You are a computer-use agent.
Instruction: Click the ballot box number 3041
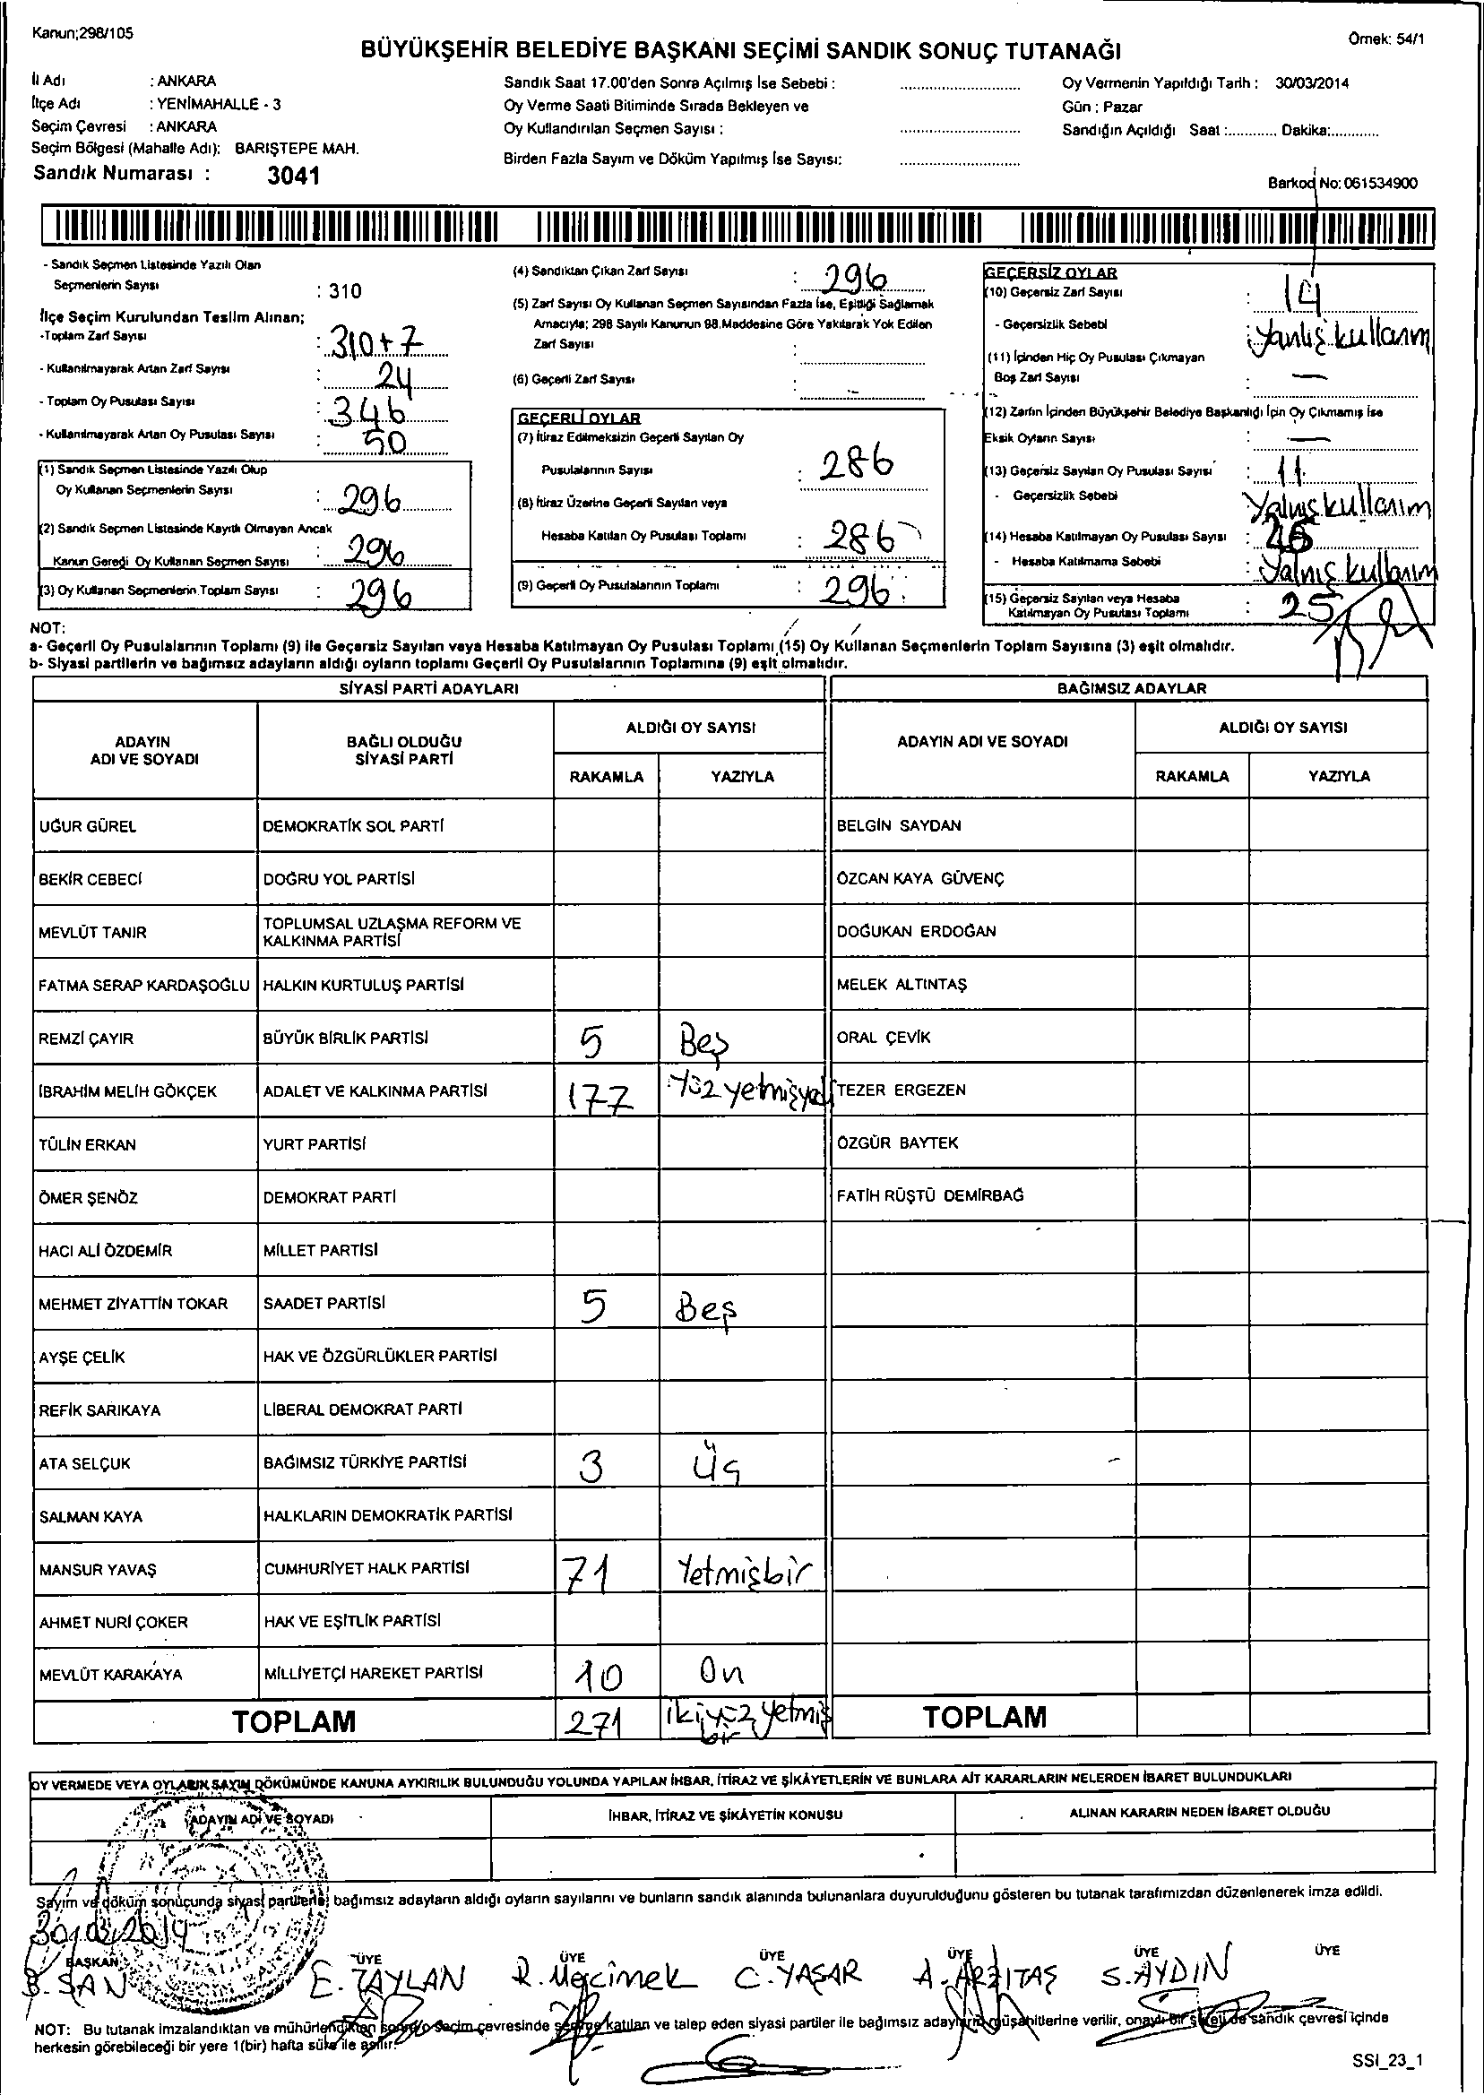(x=293, y=176)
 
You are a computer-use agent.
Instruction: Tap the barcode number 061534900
(x=1380, y=183)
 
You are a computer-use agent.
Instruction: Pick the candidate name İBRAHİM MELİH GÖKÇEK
(x=128, y=1091)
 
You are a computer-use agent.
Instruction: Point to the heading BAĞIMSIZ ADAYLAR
(x=1131, y=688)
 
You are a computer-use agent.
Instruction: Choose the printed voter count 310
(x=344, y=291)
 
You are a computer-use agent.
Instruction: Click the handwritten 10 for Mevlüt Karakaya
(x=600, y=1676)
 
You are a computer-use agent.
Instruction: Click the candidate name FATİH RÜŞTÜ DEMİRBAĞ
(x=930, y=1195)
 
